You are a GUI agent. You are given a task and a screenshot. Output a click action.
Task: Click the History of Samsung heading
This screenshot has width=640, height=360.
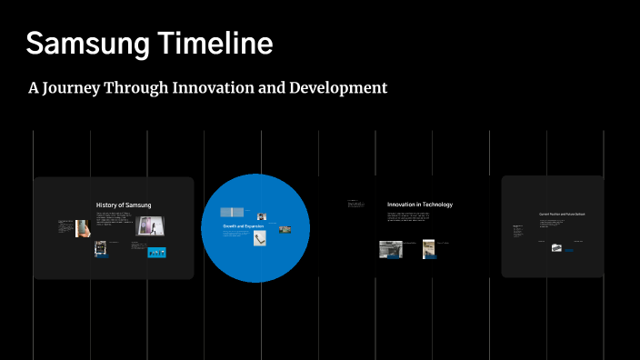tap(124, 205)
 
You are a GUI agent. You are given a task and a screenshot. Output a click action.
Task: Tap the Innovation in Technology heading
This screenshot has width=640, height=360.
tap(419, 205)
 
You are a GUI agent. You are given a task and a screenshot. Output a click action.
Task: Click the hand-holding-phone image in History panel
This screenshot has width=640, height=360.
tap(82, 228)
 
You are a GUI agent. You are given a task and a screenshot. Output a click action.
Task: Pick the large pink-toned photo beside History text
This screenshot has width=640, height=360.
tap(150, 225)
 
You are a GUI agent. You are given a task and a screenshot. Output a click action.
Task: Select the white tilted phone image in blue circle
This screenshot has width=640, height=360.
tap(260, 239)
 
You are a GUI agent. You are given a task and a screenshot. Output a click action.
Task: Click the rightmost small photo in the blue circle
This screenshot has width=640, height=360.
tap(285, 229)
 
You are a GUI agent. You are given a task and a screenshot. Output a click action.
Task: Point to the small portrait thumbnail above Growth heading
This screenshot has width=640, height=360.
tap(261, 215)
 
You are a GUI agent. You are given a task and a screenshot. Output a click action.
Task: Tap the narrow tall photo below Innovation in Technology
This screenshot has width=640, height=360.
tap(428, 248)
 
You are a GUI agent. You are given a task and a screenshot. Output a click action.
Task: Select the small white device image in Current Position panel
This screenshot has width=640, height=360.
tap(556, 247)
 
